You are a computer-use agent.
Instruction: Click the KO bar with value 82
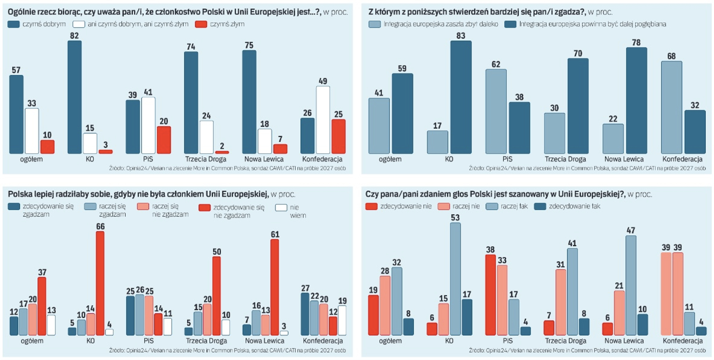[x=74, y=97]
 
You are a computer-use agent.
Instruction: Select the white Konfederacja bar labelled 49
[x=323, y=120]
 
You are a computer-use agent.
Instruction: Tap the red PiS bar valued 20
[x=164, y=140]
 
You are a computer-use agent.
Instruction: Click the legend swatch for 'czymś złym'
[x=201, y=24]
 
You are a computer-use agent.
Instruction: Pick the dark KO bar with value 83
[x=461, y=97]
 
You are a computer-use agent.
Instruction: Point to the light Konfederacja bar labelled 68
[x=671, y=107]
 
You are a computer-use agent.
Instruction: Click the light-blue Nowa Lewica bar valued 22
[x=613, y=139]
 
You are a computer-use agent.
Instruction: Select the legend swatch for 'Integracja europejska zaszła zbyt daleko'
[x=374, y=24]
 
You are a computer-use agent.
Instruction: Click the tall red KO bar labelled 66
[x=100, y=283]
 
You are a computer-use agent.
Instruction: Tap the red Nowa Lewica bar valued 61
[x=274, y=287]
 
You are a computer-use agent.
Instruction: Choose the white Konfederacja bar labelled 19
[x=342, y=320]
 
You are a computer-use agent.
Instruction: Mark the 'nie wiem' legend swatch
[x=281, y=208]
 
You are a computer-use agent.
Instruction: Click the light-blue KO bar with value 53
[x=455, y=279]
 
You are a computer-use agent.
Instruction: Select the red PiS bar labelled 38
[x=491, y=295]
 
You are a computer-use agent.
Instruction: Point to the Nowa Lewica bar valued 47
[x=631, y=285]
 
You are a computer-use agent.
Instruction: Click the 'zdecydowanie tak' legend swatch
[x=540, y=206]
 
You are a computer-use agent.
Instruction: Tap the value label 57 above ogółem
[x=16, y=70]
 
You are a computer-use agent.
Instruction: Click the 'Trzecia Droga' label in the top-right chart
[x=565, y=159]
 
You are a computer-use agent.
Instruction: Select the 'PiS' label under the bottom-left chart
[x=148, y=341]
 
